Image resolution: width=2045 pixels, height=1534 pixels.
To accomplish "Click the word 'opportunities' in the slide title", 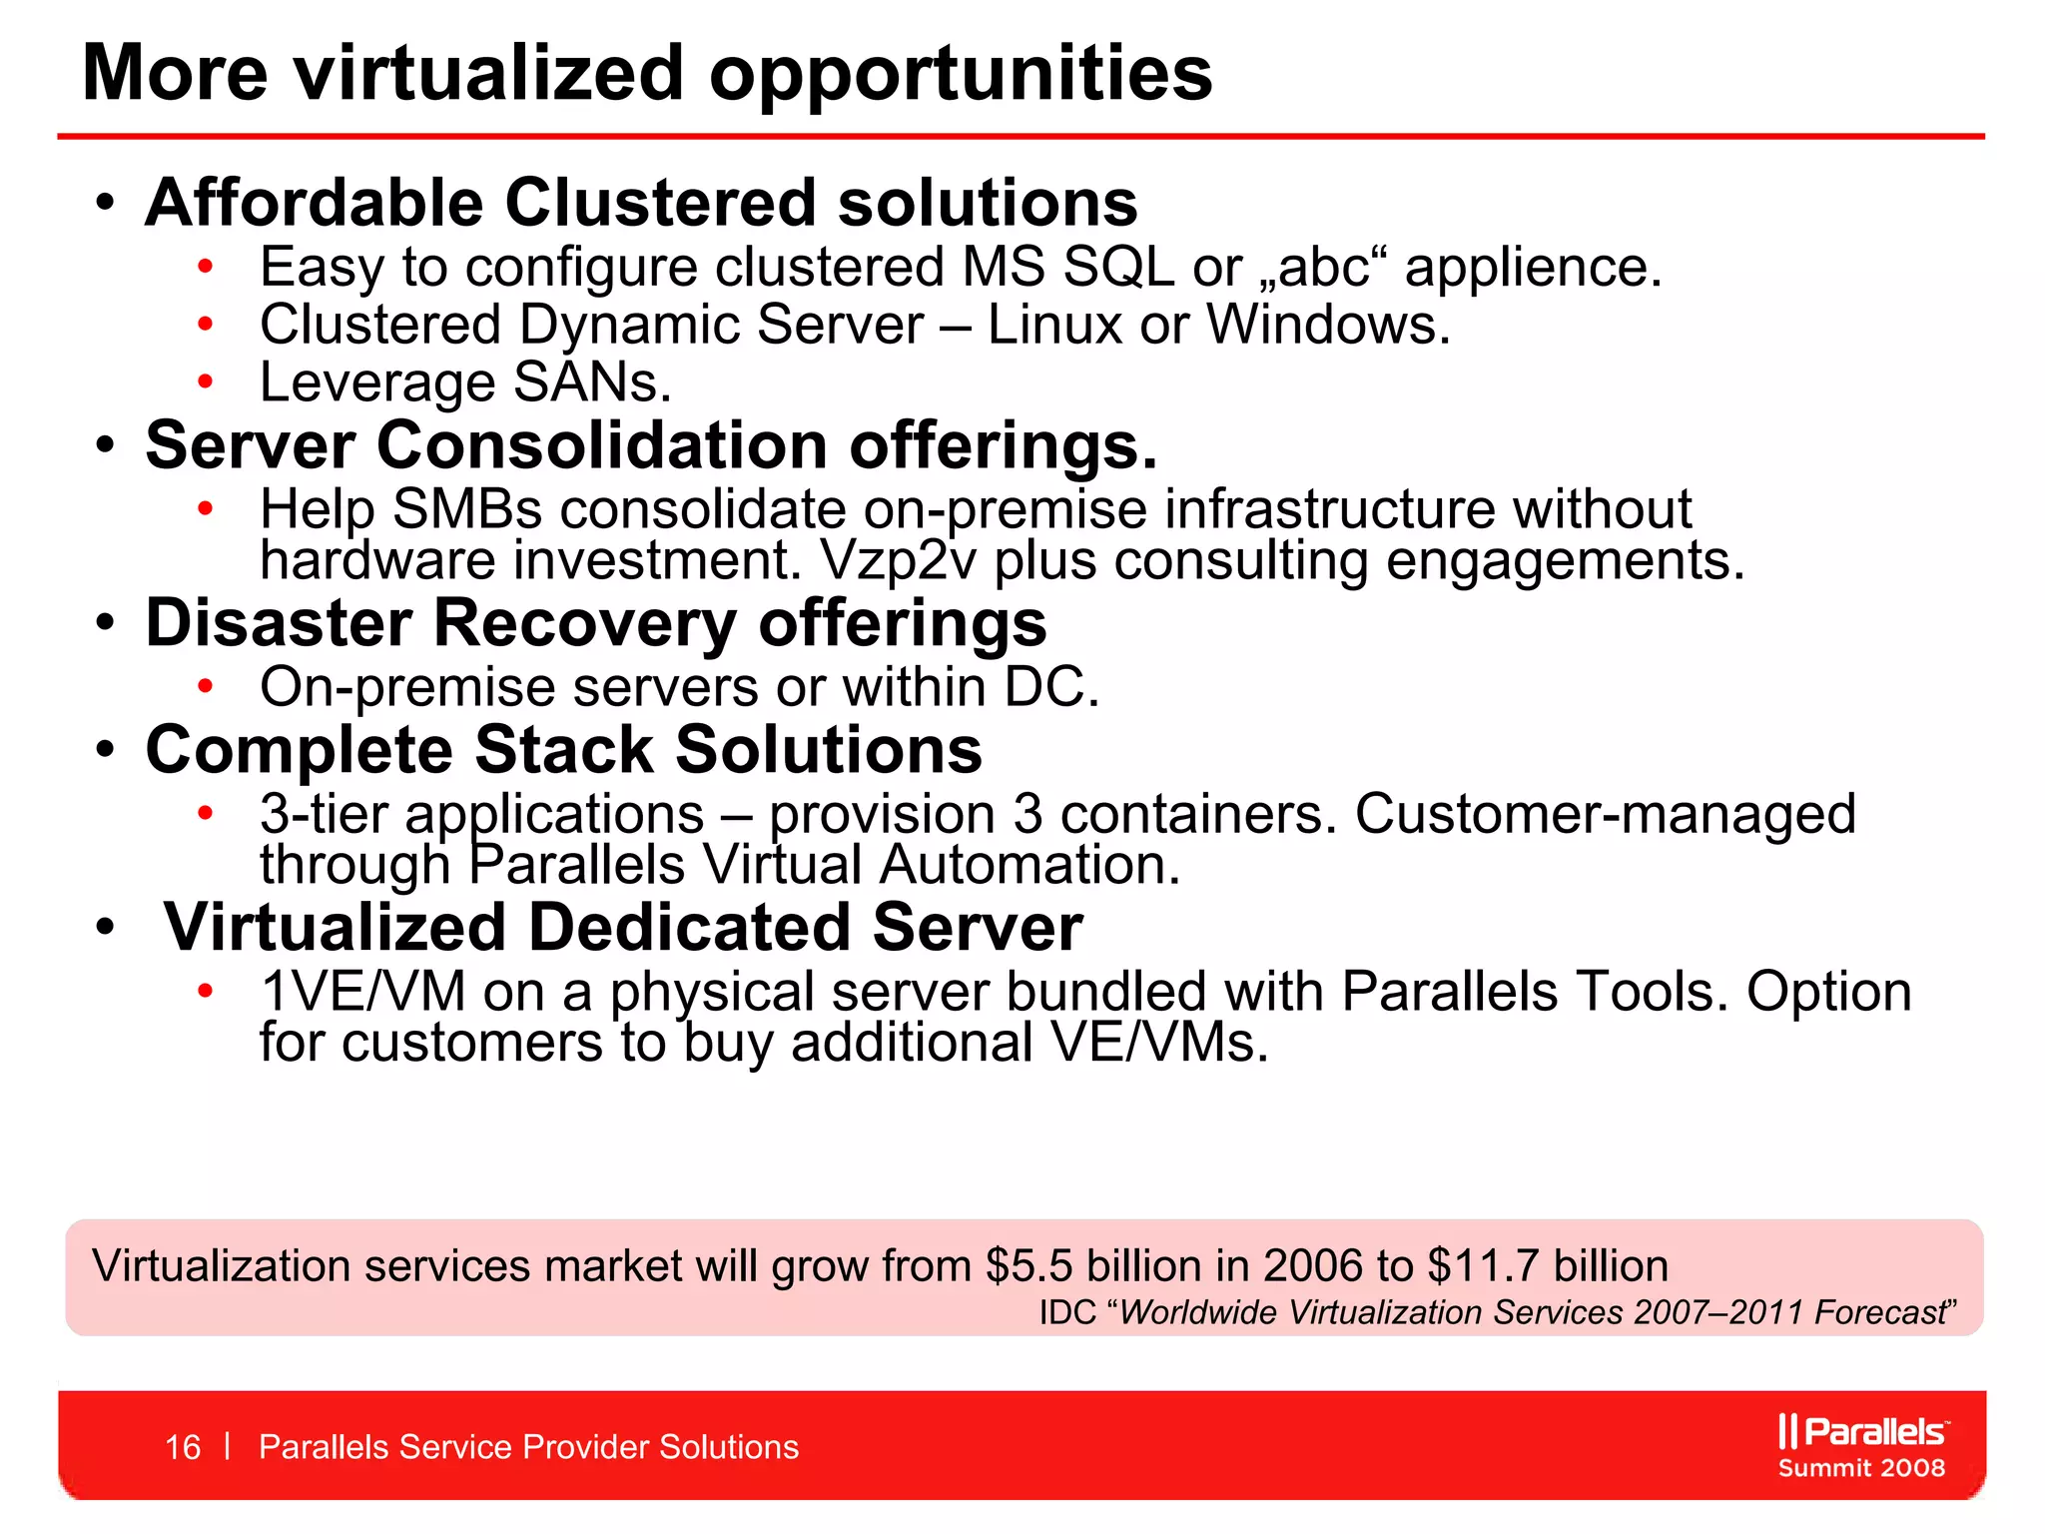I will pos(961,75).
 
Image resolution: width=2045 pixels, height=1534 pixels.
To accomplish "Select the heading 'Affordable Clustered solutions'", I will pos(641,203).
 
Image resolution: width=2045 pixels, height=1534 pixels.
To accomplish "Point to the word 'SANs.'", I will pos(592,383).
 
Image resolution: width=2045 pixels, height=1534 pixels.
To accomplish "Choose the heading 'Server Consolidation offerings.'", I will pos(651,444).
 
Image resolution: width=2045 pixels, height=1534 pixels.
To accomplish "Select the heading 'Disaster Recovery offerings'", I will pos(596,623).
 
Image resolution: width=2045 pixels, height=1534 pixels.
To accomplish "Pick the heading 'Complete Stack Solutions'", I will pos(564,750).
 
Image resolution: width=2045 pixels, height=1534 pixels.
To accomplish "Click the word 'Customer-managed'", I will pos(1605,814).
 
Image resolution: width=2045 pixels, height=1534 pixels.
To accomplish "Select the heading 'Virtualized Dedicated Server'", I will pos(623,928).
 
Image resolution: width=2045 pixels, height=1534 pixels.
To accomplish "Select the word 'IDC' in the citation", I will pos(1067,1312).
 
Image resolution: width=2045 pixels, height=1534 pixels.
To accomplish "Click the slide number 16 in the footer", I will pos(183,1447).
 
